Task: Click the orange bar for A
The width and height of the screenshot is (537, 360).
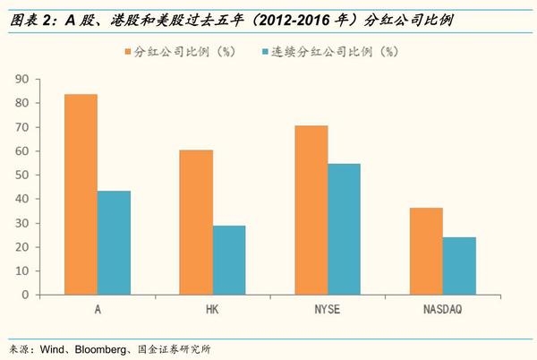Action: pyautogui.click(x=81, y=194)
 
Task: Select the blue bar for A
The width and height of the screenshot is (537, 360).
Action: pyautogui.click(x=114, y=243)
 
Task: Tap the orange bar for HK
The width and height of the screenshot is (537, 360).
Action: pyautogui.click(x=197, y=222)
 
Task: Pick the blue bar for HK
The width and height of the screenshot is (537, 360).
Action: pyautogui.click(x=229, y=260)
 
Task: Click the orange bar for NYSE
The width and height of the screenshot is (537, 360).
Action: pyautogui.click(x=311, y=210)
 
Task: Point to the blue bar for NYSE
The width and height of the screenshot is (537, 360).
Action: pyautogui.click(x=344, y=229)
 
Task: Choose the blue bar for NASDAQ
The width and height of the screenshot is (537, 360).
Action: pyautogui.click(x=459, y=265)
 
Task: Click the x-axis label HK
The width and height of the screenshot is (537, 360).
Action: pyautogui.click(x=212, y=309)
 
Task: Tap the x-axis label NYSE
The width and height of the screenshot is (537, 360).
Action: pyautogui.click(x=328, y=309)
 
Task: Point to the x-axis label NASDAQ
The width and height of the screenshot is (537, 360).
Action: pyautogui.click(x=443, y=309)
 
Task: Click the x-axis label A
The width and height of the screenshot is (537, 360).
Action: pyautogui.click(x=98, y=309)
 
